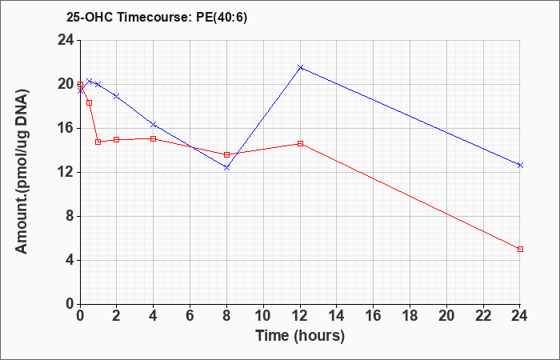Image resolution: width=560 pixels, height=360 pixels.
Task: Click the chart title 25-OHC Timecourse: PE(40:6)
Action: [x=157, y=18]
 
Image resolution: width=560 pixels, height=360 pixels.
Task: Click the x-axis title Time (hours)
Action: [x=300, y=336]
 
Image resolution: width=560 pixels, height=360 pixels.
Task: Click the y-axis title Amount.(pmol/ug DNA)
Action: [x=22, y=172]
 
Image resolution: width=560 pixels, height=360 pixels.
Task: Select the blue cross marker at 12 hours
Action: [x=300, y=67]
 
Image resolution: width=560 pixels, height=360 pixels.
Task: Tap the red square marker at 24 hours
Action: [x=520, y=249]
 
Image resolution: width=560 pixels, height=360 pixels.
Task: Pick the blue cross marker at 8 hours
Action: [x=226, y=167]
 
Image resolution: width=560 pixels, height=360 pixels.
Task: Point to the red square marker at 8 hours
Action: [x=226, y=154]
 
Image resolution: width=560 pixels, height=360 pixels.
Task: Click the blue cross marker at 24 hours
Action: [x=520, y=165]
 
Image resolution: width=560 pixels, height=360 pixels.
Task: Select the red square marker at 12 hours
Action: [x=300, y=143]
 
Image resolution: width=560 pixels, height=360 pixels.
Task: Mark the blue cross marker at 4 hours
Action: [x=154, y=124]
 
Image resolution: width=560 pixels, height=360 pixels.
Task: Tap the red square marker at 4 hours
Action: [x=154, y=138]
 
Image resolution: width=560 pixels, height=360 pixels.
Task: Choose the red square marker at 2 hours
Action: [x=117, y=139]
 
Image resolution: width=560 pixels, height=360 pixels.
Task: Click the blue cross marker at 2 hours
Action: [x=117, y=96]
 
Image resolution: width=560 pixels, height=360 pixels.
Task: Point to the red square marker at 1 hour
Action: [x=98, y=142]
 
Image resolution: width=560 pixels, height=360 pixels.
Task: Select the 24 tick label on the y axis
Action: [x=66, y=40]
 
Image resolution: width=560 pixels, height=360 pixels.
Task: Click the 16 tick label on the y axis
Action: [x=66, y=128]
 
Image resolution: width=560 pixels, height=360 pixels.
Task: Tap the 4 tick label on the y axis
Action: [x=70, y=260]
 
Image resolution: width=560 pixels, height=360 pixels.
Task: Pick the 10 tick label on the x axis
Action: [x=263, y=316]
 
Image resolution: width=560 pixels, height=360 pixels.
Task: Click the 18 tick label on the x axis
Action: [x=410, y=316]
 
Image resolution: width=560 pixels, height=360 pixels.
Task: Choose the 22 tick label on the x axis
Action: [x=483, y=316]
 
